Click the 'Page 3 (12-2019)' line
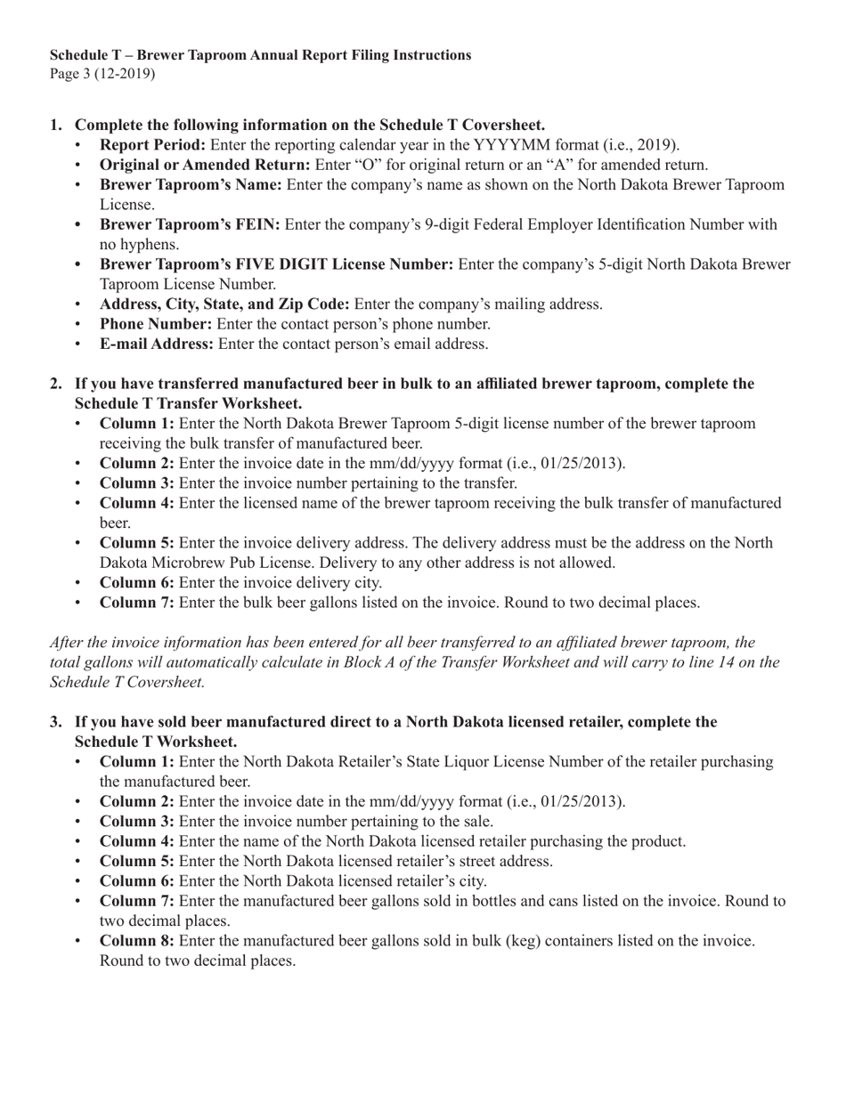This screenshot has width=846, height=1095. point(102,74)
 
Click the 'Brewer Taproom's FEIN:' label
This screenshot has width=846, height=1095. point(190,224)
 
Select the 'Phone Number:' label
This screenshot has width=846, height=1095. point(156,323)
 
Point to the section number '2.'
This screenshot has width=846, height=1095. point(56,384)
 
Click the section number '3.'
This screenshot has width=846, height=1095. point(56,721)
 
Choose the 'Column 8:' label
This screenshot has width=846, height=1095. point(137,940)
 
